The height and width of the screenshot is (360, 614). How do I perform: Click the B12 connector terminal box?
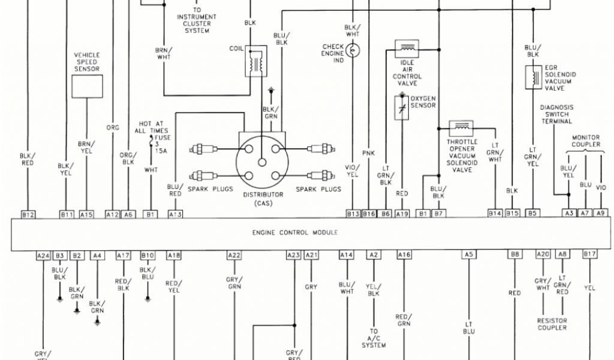[28, 214]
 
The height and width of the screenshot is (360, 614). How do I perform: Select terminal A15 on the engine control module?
[86, 214]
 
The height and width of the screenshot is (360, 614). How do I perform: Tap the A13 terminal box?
[175, 214]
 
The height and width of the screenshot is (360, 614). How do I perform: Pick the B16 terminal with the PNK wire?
[369, 214]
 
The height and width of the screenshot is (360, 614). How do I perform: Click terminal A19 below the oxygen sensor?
[402, 214]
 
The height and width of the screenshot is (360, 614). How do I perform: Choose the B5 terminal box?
[532, 214]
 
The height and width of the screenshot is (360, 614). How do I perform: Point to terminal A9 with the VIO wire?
[601, 214]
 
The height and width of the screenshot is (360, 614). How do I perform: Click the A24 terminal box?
[43, 256]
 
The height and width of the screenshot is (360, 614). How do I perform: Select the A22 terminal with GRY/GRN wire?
[234, 256]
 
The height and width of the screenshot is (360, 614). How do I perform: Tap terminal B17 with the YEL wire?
[590, 256]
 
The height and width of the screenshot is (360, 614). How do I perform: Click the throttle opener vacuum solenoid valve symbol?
[462, 127]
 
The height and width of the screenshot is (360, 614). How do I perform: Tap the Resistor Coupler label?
[552, 325]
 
